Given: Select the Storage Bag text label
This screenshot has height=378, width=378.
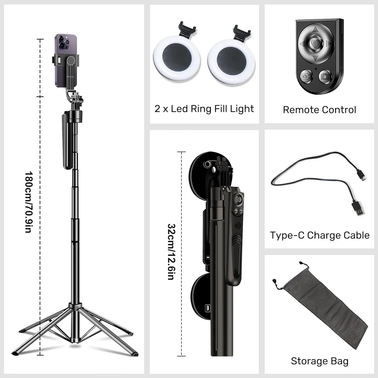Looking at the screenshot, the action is [320, 361].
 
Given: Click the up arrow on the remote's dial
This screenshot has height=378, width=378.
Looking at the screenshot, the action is [314, 30].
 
